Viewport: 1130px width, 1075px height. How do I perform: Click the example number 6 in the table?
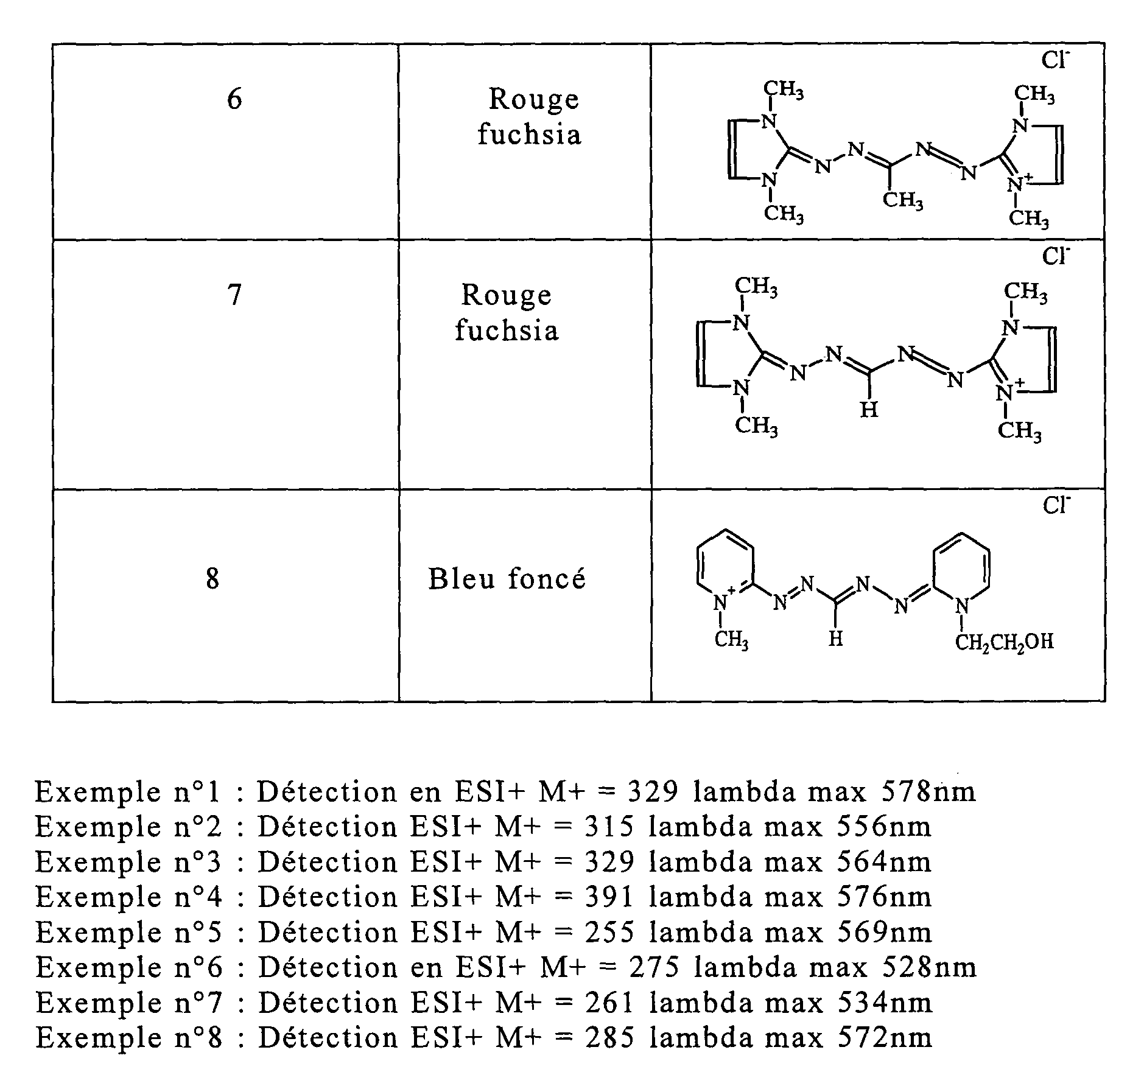(234, 99)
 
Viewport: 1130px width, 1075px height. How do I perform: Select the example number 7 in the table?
(234, 295)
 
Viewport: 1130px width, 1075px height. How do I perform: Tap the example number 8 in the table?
(212, 578)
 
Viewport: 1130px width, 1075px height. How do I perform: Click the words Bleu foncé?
(507, 578)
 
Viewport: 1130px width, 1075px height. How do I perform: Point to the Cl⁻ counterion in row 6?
(1056, 60)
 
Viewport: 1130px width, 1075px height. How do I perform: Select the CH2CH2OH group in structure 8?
(1005, 642)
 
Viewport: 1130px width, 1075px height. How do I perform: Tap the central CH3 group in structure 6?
(903, 200)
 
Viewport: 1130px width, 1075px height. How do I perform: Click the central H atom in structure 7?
(869, 410)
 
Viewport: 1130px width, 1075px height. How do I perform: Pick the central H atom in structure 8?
(837, 639)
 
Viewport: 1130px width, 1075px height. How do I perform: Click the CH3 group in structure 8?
(731, 640)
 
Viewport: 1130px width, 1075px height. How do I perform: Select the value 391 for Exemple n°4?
(609, 897)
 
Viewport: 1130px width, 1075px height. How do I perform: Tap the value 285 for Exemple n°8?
(609, 1038)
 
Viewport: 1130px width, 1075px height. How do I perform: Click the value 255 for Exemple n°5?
(609, 932)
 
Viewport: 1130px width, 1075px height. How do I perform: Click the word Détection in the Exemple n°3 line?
(328, 862)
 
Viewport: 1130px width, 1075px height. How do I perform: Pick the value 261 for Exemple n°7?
(609, 1003)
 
